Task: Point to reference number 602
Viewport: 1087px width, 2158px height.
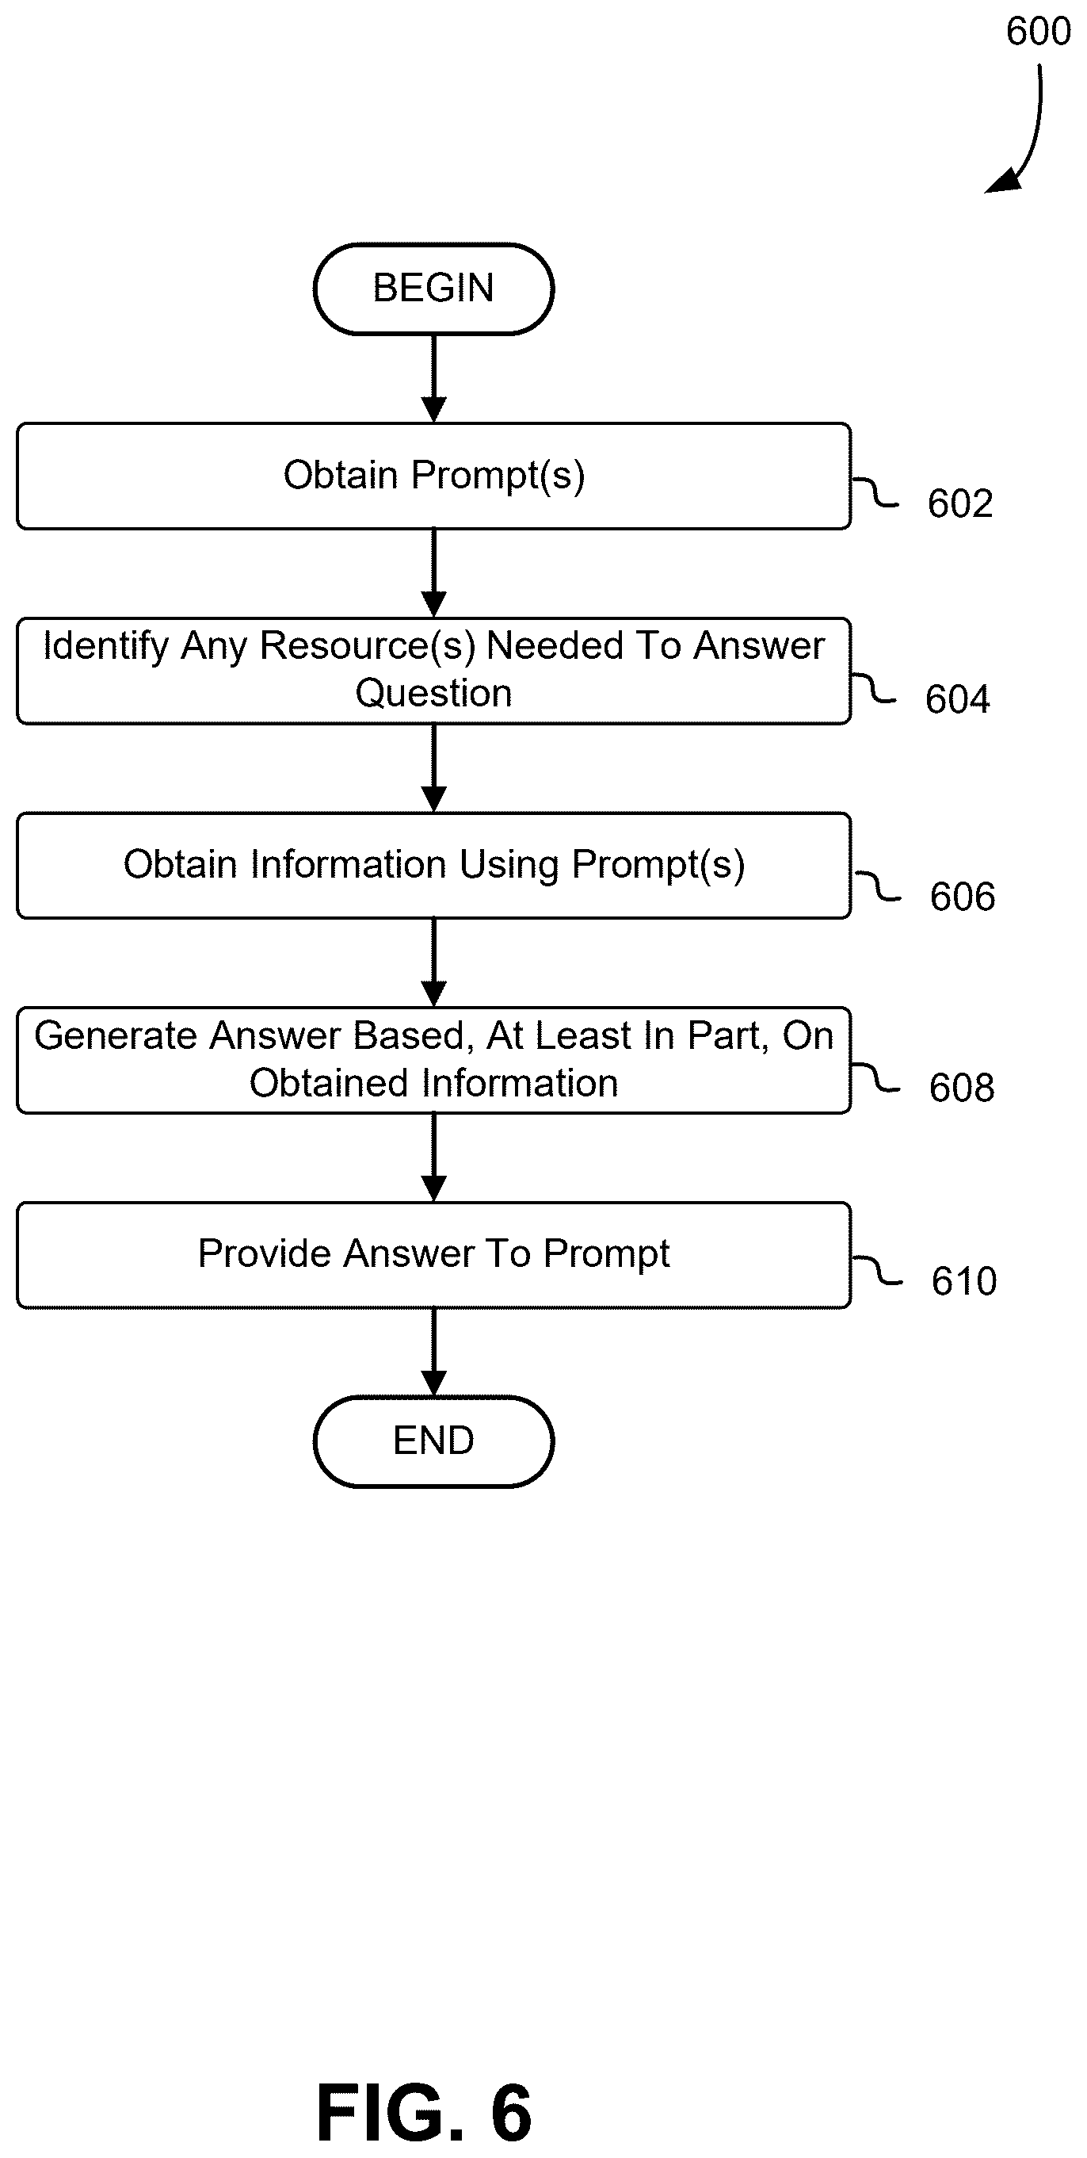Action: pos(960,504)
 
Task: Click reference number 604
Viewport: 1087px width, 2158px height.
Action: pos(958,699)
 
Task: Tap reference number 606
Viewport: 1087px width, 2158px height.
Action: pos(963,897)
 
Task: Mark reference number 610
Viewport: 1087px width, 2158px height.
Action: pos(964,1282)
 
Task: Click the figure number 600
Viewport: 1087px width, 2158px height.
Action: pos(1039,32)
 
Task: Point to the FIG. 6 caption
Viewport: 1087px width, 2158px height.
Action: pos(425,2113)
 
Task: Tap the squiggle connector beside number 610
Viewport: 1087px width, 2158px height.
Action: pos(877,1271)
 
